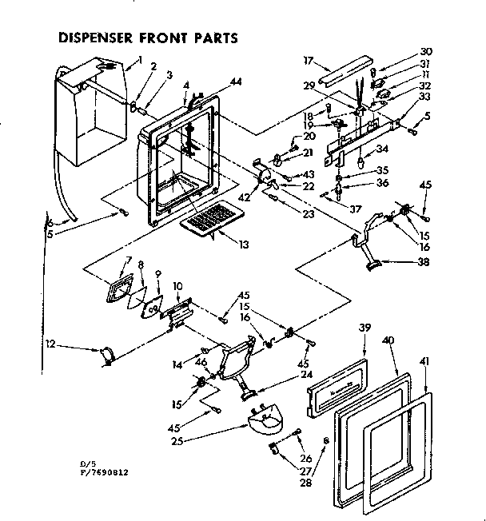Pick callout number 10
[x=177, y=284]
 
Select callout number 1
[x=139, y=58]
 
